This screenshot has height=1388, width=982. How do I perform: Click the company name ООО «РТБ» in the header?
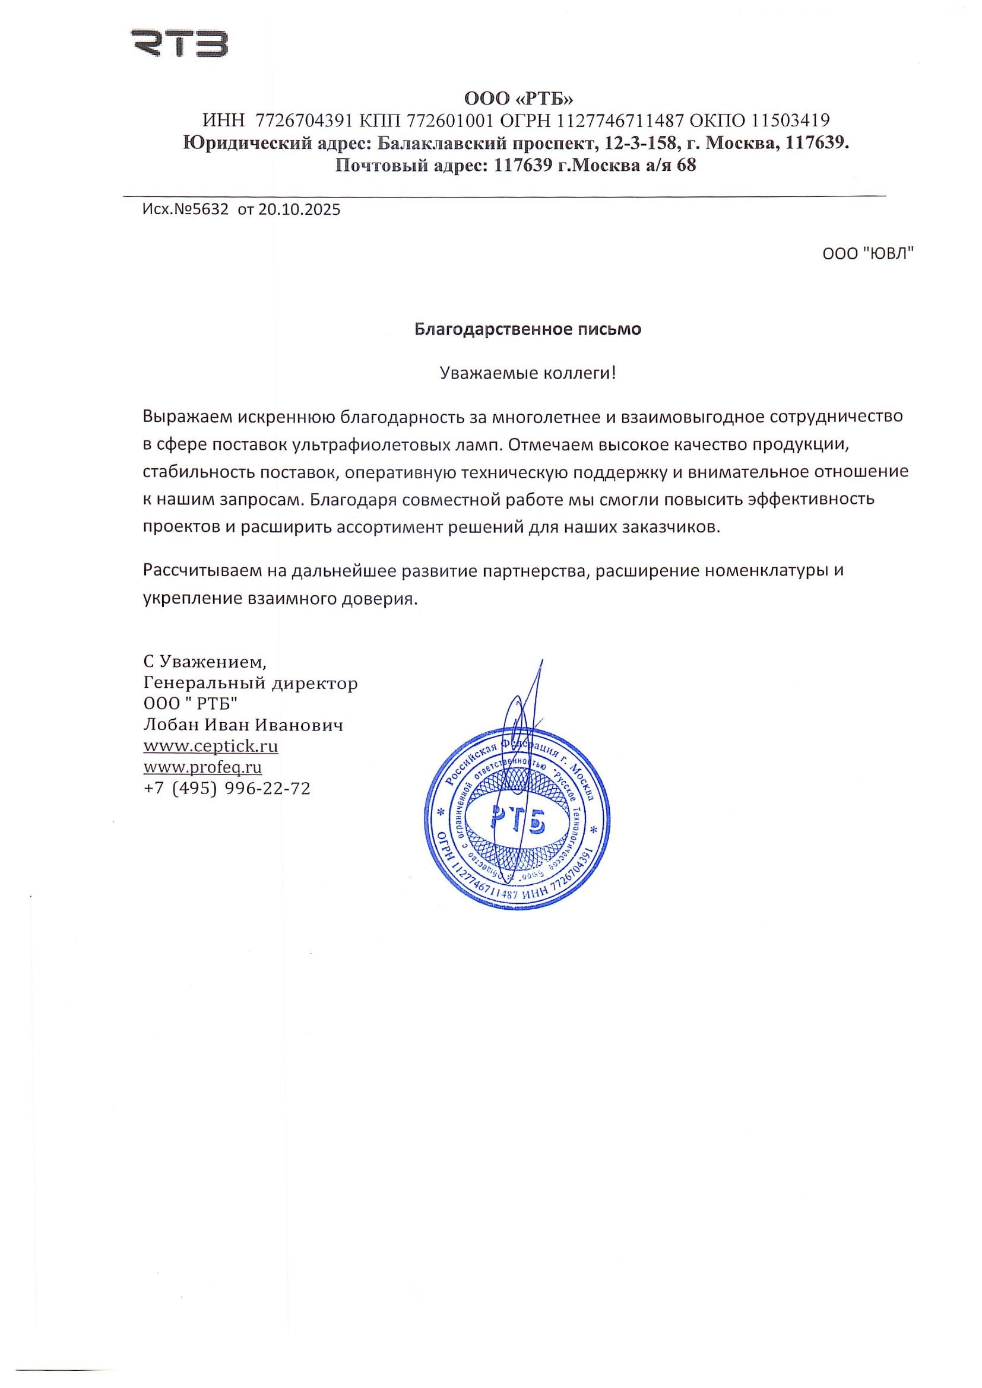518,98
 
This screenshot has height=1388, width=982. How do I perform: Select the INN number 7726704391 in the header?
304,121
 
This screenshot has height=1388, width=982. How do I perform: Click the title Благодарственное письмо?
527,329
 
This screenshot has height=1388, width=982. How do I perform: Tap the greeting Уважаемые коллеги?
527,373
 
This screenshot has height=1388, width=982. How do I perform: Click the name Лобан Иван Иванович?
243,725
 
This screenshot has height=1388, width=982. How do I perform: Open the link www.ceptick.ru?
210,746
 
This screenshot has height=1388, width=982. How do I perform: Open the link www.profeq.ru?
202,767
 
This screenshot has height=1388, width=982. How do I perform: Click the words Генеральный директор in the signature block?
251,683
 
